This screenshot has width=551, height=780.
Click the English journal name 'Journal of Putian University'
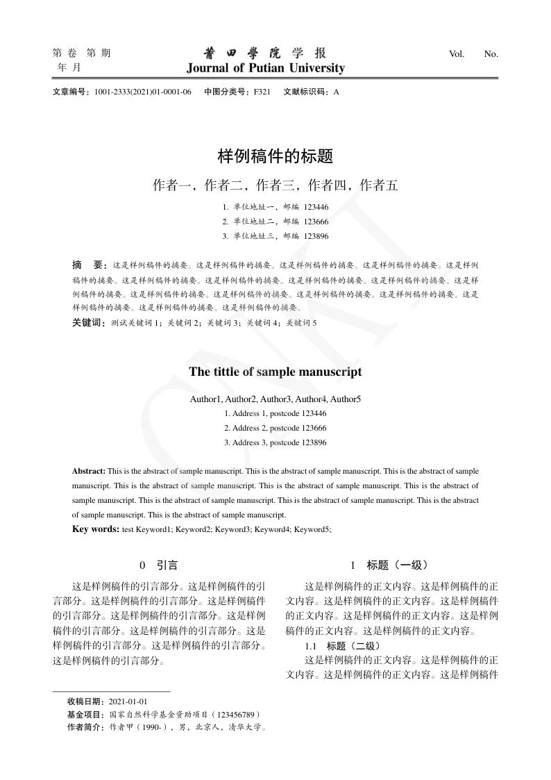coord(265,68)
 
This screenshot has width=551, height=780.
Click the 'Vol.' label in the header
coord(457,53)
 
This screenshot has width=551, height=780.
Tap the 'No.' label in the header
coord(491,53)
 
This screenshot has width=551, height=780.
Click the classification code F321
coord(262,92)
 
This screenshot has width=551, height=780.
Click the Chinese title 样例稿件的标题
coord(275,157)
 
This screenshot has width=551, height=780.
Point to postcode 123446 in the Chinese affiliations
coord(316,207)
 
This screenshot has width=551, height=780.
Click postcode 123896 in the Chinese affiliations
coord(316,236)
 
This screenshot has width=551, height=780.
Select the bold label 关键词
coord(87,323)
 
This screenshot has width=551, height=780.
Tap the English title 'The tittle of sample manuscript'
coord(275,372)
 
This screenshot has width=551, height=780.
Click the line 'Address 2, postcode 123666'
coord(275,428)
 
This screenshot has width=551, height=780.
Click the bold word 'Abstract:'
coord(89,471)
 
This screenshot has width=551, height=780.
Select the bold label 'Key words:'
coord(96,529)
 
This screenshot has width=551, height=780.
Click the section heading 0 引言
coord(159,566)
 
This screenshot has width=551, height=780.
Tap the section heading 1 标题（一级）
coord(392,566)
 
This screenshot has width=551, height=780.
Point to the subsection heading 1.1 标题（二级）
coord(342,647)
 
